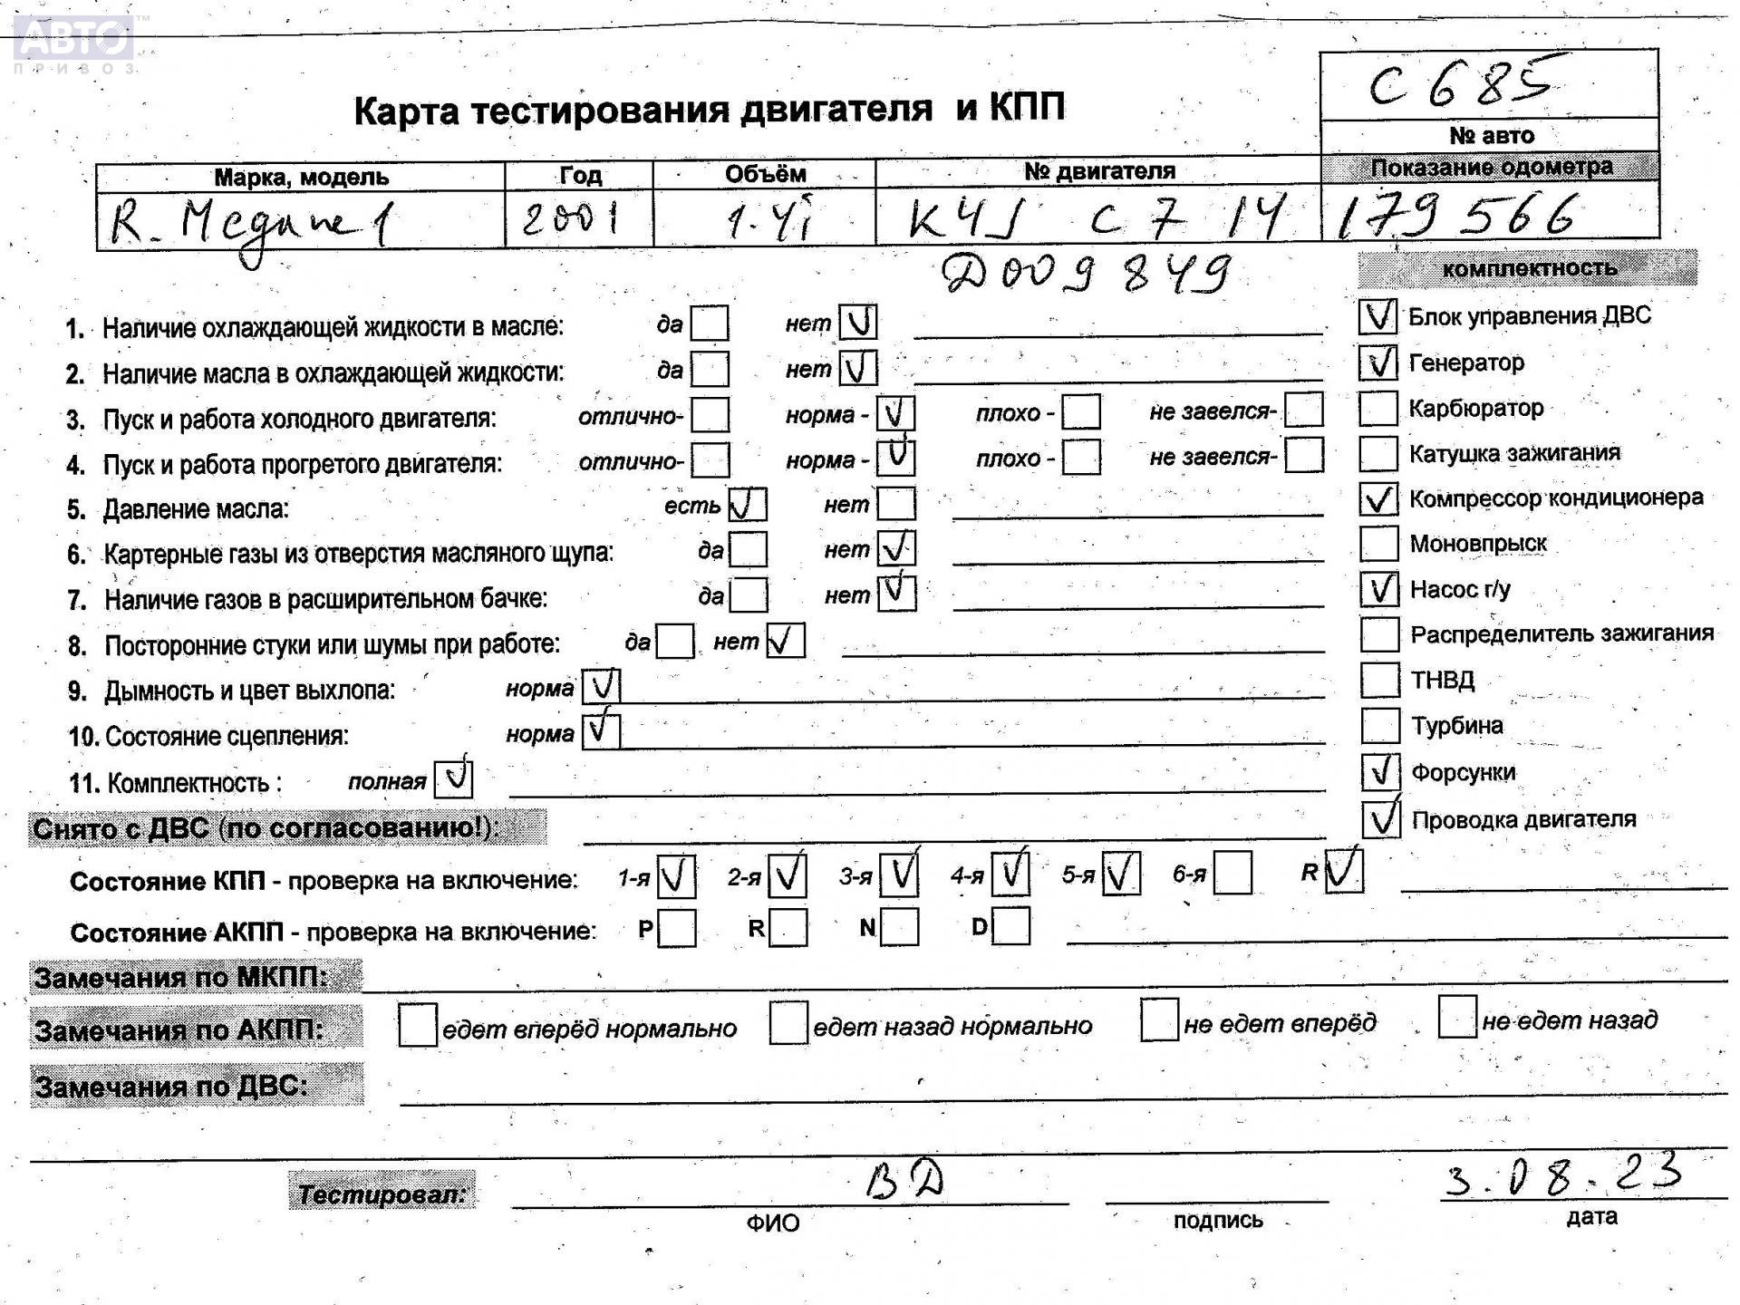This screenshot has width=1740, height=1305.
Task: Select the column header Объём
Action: (x=765, y=173)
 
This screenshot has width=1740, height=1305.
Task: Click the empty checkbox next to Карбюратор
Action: (x=1378, y=408)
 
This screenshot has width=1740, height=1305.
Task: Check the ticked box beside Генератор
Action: (x=1378, y=362)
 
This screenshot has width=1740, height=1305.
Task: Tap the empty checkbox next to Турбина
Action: (x=1380, y=725)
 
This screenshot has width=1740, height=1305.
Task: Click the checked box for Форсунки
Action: (x=1381, y=772)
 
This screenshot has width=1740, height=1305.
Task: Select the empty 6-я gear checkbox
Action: (x=1232, y=874)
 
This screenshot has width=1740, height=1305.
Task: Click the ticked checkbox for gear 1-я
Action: (x=676, y=876)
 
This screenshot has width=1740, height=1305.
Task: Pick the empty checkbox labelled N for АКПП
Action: (x=899, y=927)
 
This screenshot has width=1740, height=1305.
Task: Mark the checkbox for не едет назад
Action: (x=1457, y=1017)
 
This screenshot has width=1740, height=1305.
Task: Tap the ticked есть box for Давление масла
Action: (x=748, y=505)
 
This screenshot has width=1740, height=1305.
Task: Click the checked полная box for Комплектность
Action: (x=453, y=778)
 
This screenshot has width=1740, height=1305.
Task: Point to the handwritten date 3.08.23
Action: (x=1563, y=1175)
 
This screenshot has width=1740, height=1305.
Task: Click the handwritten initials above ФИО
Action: (x=904, y=1181)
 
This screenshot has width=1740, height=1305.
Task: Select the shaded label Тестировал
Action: (x=382, y=1193)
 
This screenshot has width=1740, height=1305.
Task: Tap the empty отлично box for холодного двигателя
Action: (x=710, y=415)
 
